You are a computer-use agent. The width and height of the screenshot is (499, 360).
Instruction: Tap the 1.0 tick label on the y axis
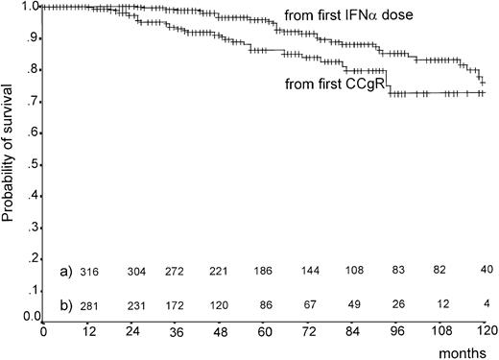click(29, 7)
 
